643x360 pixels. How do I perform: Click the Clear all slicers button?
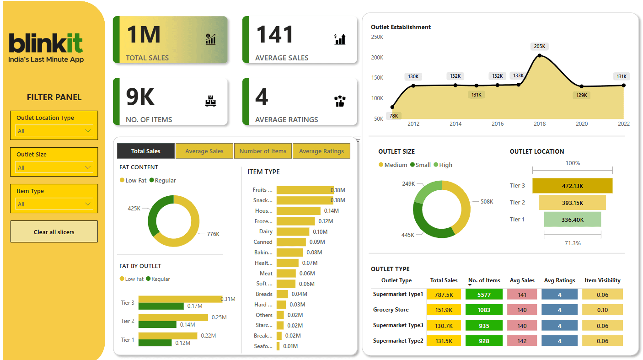(54, 232)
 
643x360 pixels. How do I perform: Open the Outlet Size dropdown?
(54, 167)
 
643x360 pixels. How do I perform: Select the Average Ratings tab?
(321, 151)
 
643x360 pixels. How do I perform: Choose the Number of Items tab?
(263, 151)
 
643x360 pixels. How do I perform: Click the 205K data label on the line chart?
(540, 46)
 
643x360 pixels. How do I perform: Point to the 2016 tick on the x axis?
(498, 124)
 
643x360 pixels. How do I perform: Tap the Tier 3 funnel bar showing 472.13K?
(572, 186)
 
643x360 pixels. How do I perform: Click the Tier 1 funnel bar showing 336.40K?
(572, 220)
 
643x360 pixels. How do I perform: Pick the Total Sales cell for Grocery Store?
(444, 310)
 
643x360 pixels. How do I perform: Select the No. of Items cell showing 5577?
(484, 295)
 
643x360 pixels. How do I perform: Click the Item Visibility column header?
(602, 280)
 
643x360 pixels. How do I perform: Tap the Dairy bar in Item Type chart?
(293, 232)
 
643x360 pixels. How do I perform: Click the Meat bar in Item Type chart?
(286, 274)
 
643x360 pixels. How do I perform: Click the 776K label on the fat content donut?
(213, 234)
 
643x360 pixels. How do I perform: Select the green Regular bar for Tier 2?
(157, 325)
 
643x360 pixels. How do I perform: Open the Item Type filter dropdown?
(54, 204)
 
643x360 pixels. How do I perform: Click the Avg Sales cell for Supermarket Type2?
(522, 341)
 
